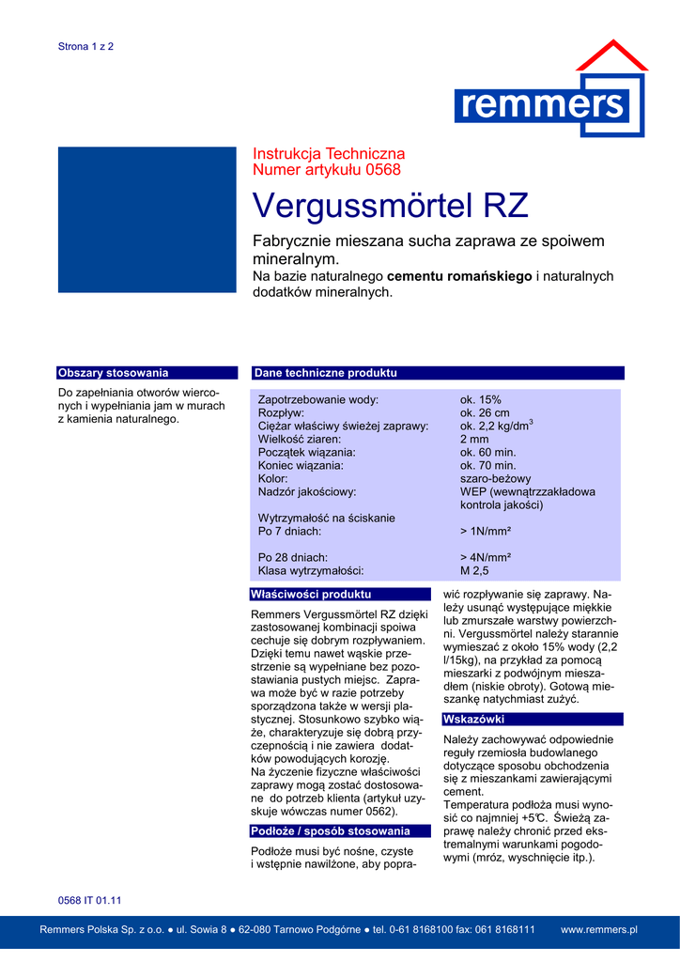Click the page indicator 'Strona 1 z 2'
85,46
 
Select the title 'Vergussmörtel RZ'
391,205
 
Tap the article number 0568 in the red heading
383,170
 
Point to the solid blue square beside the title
147,219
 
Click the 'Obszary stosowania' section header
113,373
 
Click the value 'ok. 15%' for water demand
481,399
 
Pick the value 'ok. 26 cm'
485,412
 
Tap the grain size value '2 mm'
474,439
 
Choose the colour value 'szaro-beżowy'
495,478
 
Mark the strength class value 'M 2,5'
474,570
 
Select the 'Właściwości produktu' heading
310,594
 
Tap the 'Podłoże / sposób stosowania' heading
330,830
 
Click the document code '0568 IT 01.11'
90,900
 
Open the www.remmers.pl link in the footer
598,929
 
